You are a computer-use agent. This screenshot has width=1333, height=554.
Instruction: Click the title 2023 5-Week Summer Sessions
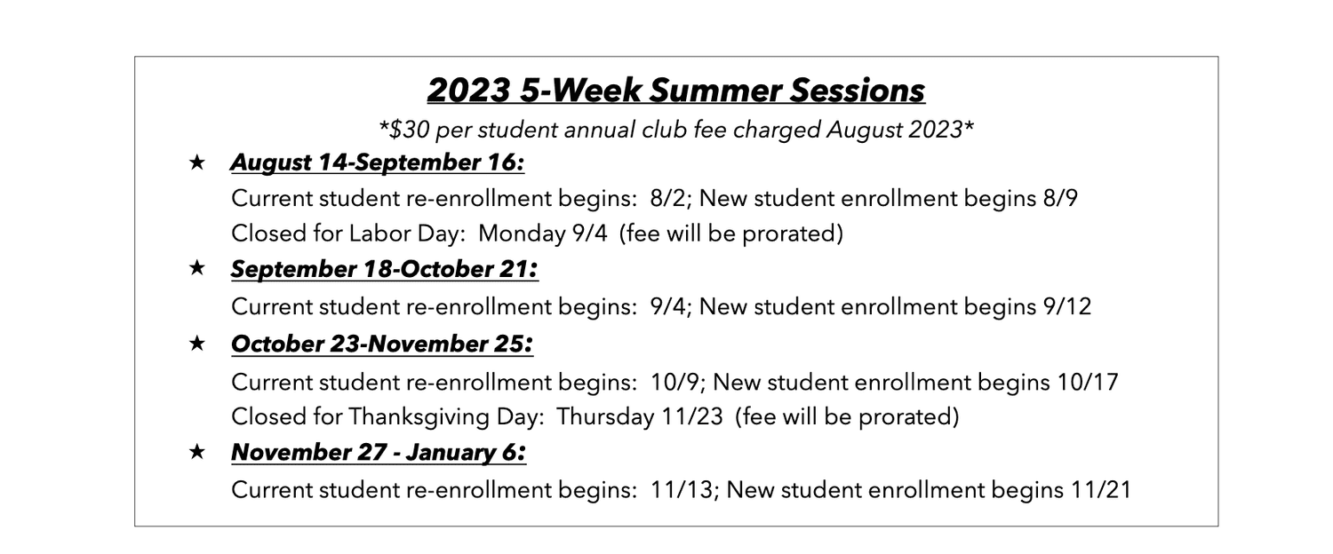675,91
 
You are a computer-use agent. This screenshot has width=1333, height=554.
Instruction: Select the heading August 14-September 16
377,163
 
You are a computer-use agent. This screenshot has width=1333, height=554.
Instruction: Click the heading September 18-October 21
384,270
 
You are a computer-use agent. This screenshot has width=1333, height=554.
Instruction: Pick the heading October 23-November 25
381,344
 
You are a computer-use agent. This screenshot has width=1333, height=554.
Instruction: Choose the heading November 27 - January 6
378,453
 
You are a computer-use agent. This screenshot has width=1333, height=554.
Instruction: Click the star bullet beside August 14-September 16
197,163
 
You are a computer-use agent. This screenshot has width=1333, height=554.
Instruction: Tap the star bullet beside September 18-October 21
197,269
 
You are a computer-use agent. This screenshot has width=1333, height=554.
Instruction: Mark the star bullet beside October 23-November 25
197,344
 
